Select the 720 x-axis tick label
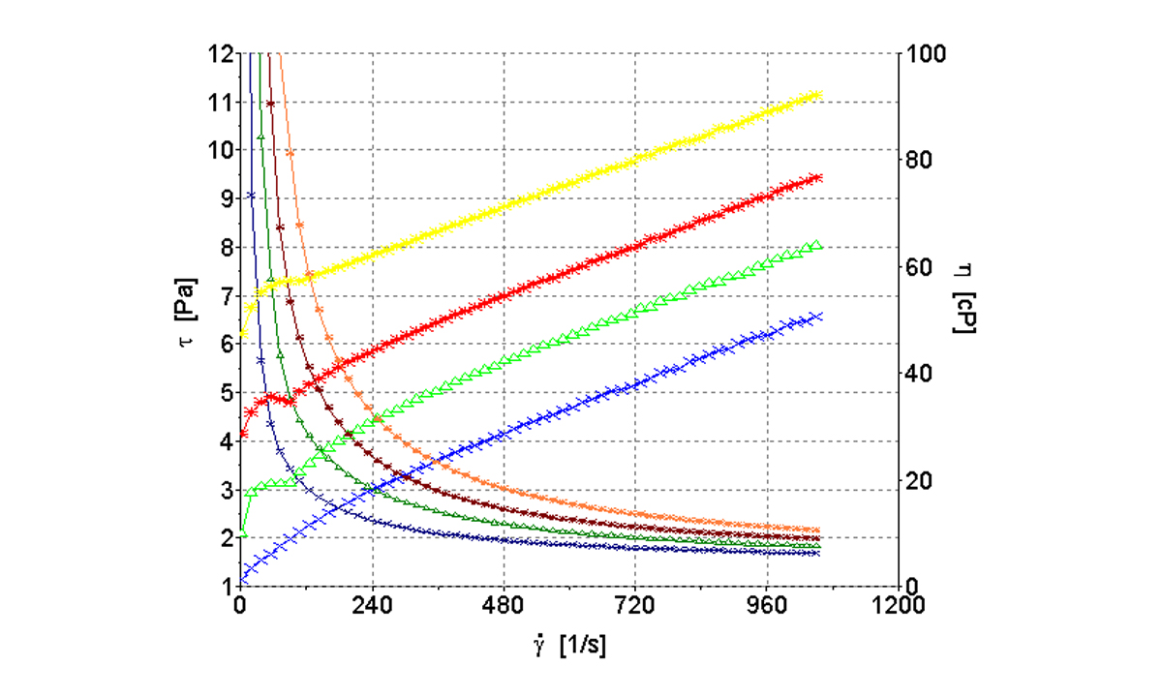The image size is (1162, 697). [634, 607]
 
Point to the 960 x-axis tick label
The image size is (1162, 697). [766, 607]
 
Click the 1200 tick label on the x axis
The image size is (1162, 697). [896, 607]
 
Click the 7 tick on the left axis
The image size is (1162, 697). [226, 296]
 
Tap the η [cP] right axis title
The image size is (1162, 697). [963, 299]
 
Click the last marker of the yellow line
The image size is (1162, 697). [818, 94]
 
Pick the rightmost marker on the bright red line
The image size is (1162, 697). [818, 177]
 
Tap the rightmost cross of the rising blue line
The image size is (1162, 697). [817, 316]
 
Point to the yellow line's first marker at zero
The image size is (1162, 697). [242, 334]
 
